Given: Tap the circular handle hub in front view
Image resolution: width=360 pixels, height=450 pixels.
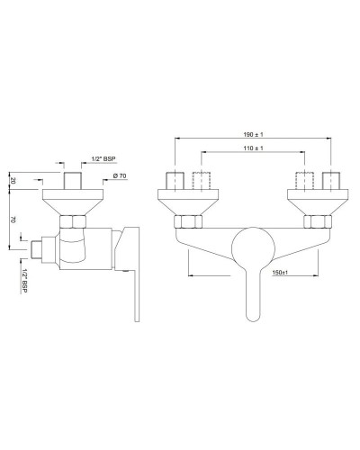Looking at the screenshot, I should click(252, 247).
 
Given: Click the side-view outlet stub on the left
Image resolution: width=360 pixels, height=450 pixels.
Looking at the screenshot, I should click(38, 247).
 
